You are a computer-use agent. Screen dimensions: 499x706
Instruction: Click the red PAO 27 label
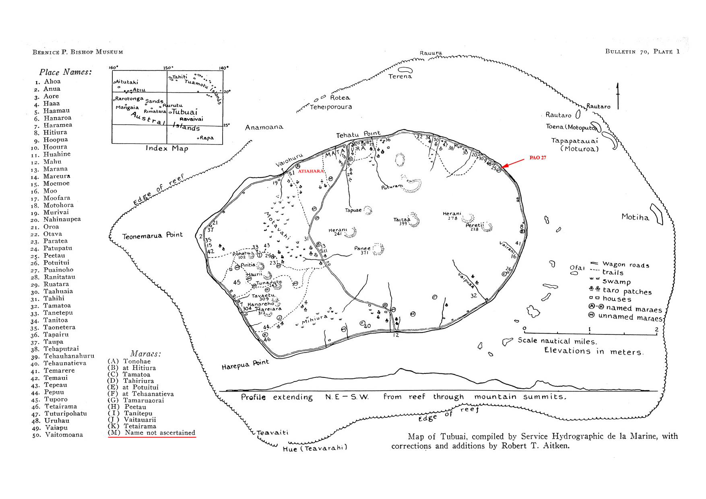tap(537, 158)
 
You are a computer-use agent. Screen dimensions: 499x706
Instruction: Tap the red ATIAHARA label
tap(311, 171)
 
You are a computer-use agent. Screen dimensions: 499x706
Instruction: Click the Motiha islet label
tap(635, 217)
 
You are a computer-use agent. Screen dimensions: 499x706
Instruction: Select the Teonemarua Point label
tap(152, 235)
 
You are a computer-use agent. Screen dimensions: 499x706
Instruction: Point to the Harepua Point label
tap(245, 365)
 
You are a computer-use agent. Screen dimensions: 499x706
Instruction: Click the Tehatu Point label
tap(358, 134)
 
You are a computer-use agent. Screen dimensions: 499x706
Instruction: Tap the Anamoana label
tap(264, 127)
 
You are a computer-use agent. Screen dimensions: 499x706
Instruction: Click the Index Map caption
tap(167, 148)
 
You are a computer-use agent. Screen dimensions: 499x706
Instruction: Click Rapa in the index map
tap(206, 138)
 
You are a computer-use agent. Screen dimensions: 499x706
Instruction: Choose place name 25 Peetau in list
tap(54, 256)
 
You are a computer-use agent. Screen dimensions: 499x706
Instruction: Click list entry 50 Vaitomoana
tap(64, 435)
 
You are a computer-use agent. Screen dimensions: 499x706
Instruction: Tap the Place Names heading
tap(65, 72)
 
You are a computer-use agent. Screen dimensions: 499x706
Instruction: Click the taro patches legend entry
tap(627, 291)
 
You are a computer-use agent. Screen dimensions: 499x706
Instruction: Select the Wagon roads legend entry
tap(625, 265)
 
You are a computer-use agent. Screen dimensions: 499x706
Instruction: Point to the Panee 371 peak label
tap(362, 250)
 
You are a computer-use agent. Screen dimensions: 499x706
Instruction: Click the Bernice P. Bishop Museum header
tap(78, 52)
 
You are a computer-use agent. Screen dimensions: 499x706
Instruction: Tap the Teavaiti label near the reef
tap(272, 433)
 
